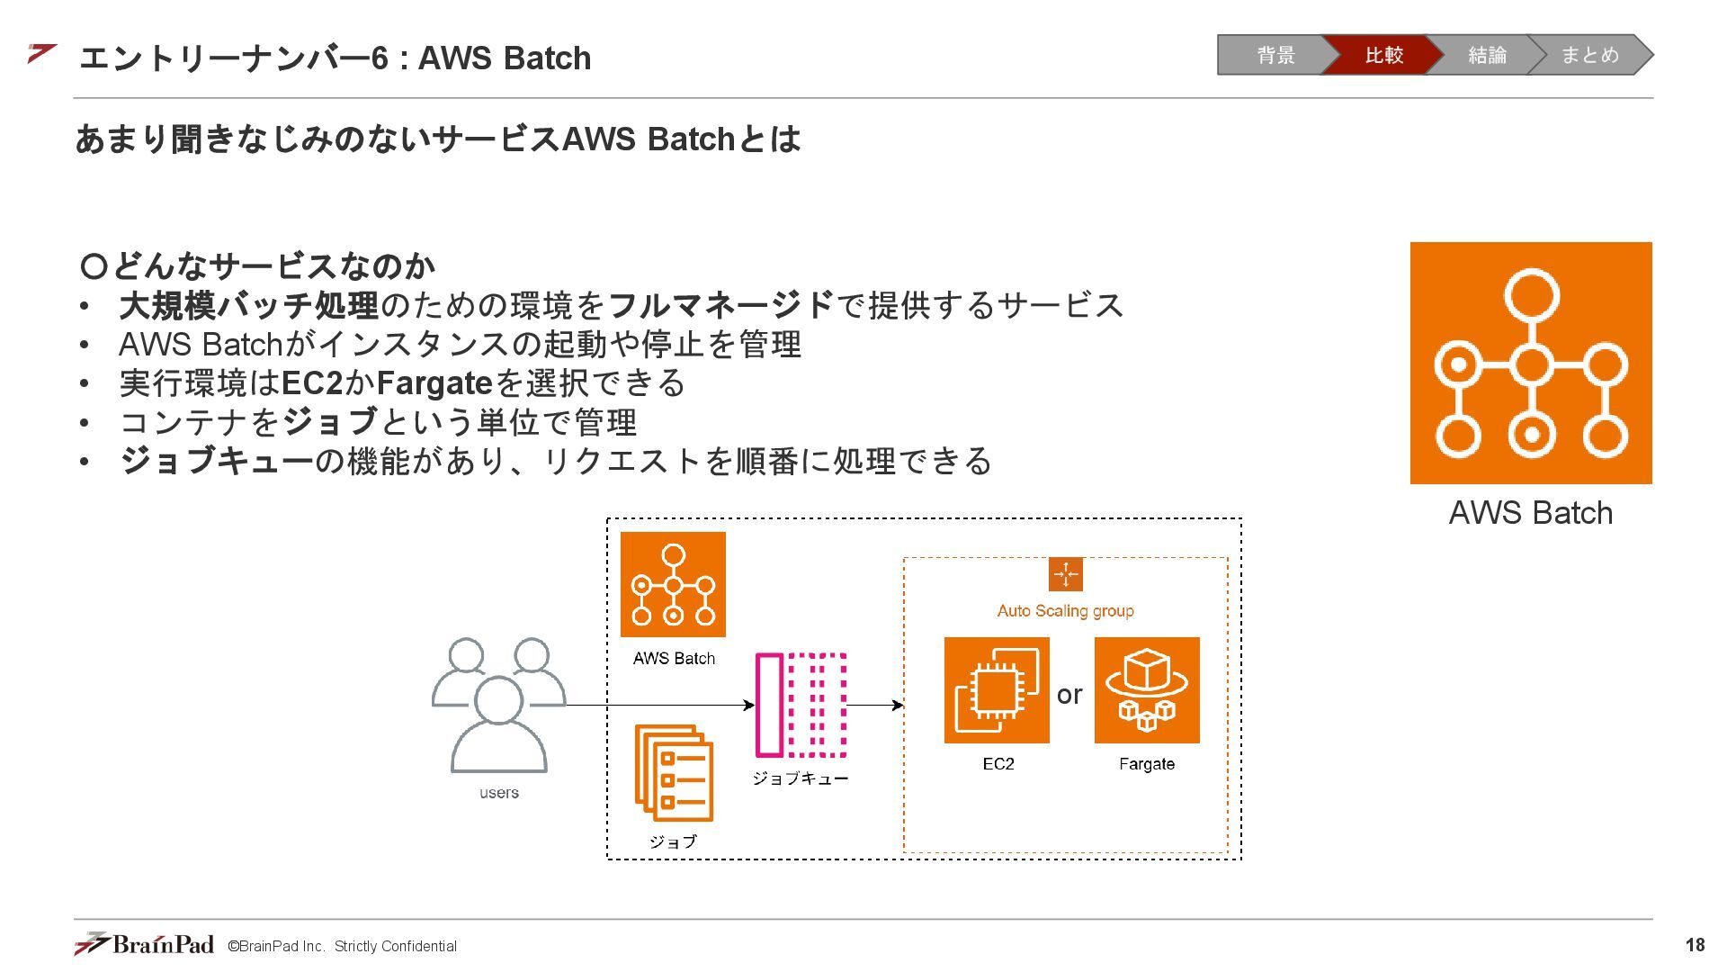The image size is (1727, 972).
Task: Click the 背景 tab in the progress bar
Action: [1275, 55]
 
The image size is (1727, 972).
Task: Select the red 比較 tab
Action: [1382, 55]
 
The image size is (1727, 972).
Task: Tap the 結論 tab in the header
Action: [1486, 55]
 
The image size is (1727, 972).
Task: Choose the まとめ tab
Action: [1589, 55]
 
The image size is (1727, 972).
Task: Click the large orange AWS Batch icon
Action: [1531, 363]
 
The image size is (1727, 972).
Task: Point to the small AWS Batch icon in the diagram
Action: [673, 584]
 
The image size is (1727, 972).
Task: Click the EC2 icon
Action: [997, 690]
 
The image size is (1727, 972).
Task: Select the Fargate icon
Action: [1147, 690]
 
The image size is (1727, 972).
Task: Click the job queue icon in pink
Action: [801, 705]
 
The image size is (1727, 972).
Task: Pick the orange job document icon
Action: [674, 773]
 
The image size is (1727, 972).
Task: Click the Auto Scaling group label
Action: [1066, 611]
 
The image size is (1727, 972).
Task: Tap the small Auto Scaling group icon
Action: [1066, 574]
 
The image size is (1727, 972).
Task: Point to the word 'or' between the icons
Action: [1069, 695]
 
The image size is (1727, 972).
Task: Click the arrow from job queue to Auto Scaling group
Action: [875, 706]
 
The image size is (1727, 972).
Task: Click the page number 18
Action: [1695, 945]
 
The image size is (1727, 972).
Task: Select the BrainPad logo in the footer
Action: [144, 944]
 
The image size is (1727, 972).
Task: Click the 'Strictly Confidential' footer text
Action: [396, 946]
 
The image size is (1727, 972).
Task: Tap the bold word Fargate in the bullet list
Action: [434, 383]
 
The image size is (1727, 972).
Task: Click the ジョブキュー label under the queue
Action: [801, 778]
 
